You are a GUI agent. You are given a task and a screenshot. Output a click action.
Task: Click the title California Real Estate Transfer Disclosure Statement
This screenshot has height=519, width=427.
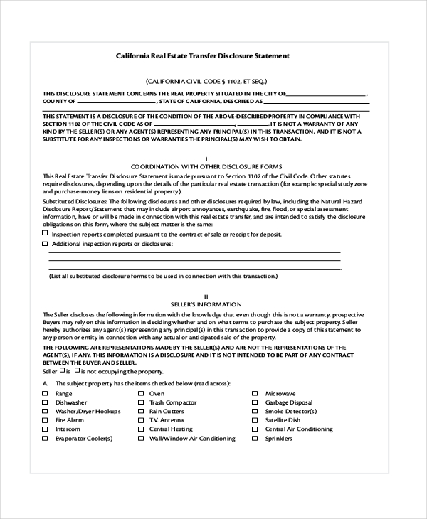tap(203, 55)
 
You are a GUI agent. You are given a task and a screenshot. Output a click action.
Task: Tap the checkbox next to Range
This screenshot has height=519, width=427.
tap(46, 393)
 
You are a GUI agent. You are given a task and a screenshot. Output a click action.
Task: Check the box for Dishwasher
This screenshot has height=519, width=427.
tap(46, 402)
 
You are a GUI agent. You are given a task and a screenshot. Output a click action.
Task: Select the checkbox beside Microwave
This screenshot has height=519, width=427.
tap(254, 393)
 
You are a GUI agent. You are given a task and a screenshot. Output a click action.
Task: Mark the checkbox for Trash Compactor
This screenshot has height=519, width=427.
tap(141, 402)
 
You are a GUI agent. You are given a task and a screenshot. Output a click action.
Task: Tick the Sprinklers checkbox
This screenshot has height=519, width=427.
tap(254, 439)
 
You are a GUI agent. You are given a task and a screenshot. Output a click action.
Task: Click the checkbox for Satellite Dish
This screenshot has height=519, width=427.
tap(254, 420)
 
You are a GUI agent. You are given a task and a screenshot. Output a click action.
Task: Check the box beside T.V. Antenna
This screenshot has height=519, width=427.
tap(141, 420)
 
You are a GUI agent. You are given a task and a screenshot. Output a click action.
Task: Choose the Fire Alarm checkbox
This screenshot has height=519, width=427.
tap(46, 420)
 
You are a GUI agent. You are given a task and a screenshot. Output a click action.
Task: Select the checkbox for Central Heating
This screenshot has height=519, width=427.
tap(141, 429)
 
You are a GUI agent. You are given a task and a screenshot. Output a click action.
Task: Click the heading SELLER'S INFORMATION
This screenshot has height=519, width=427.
tap(206, 304)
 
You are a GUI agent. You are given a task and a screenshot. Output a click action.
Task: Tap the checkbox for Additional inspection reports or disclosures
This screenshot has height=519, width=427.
tap(46, 244)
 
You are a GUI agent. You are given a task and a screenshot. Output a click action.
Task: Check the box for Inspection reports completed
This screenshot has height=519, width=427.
tap(46, 232)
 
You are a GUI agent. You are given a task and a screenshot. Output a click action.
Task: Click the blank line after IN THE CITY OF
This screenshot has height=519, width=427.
tap(327, 93)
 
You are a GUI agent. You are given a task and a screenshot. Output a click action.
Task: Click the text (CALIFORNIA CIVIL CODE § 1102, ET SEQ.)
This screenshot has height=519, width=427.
tap(206, 81)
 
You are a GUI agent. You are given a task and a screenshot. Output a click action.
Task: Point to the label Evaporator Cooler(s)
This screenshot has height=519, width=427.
tap(84, 439)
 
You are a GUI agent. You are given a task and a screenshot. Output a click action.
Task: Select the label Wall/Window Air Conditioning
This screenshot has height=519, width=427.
tap(192, 439)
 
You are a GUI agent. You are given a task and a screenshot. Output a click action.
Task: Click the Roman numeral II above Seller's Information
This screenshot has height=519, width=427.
tap(206, 296)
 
